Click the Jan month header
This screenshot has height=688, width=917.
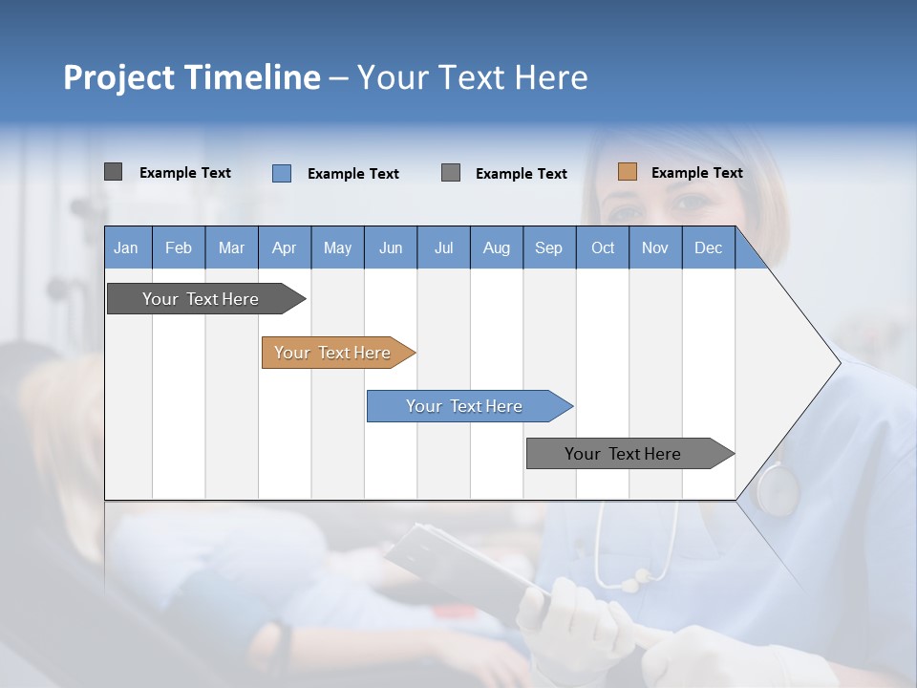click(126, 247)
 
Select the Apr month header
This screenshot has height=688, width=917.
click(284, 247)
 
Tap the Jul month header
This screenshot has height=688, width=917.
click(443, 247)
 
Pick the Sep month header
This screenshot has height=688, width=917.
click(548, 247)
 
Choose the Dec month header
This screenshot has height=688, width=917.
click(708, 247)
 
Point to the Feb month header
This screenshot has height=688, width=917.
click(179, 247)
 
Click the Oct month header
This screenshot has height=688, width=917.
click(603, 247)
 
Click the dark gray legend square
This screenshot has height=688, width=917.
click(114, 172)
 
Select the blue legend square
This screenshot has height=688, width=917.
click(282, 173)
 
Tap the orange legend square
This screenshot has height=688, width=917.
click(628, 172)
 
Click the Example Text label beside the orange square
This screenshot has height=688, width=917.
click(696, 173)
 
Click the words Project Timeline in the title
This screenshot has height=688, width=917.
click(192, 77)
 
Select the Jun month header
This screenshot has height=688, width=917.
click(391, 247)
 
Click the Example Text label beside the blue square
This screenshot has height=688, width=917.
click(352, 174)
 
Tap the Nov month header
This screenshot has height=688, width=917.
click(655, 247)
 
